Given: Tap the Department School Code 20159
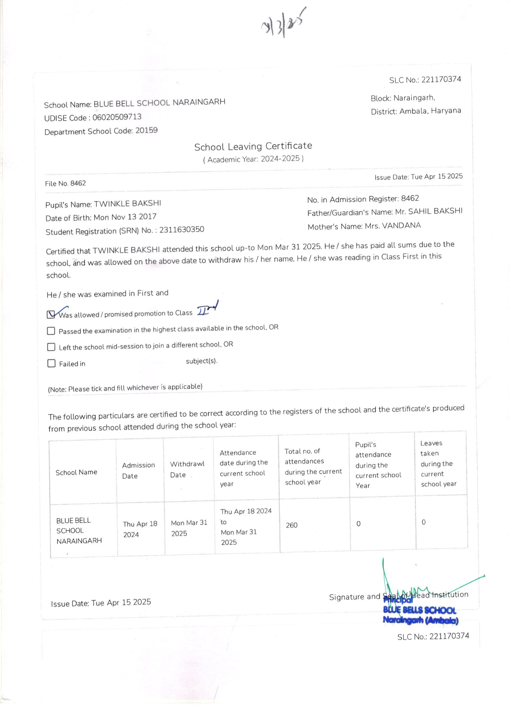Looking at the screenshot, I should point(146,130).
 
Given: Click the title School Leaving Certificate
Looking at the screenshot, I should point(253,146).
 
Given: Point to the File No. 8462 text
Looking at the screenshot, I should point(65,183).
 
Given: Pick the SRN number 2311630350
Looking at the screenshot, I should point(182,230).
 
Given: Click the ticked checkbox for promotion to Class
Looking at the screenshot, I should point(51,314).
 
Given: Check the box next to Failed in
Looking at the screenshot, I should point(51,363).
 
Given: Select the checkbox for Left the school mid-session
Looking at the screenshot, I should point(51,347).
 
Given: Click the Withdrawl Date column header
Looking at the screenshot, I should point(187,469).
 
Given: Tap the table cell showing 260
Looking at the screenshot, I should point(291,525).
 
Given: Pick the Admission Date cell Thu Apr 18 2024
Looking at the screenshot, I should point(140,529).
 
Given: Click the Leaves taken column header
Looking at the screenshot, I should point(438,463).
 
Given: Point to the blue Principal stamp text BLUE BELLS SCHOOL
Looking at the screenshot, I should point(419,610).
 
